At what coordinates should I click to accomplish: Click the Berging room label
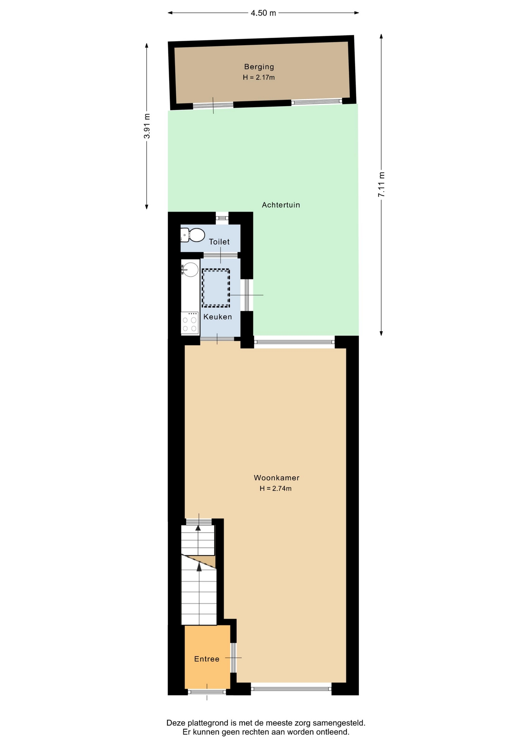[259, 67]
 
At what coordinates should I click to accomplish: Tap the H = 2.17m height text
[259, 77]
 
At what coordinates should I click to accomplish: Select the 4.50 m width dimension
[263, 13]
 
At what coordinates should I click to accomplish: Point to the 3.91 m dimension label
[147, 126]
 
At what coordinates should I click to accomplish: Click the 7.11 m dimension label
[381, 184]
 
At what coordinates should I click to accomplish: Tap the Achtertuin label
[281, 205]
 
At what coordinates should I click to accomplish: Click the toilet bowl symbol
[193, 235]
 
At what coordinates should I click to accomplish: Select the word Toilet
[219, 242]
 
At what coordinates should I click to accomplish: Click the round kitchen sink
[190, 269]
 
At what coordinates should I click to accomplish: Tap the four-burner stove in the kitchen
[190, 323]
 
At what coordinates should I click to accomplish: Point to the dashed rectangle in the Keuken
[216, 288]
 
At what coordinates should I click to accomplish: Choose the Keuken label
[218, 317]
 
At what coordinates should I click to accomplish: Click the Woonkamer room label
[276, 478]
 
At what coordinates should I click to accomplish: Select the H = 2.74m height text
[276, 488]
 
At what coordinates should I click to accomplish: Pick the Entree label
[207, 659]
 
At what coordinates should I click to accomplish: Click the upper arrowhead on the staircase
[198, 527]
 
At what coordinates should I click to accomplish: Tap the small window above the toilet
[222, 218]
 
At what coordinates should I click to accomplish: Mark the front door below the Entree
[207, 692]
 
